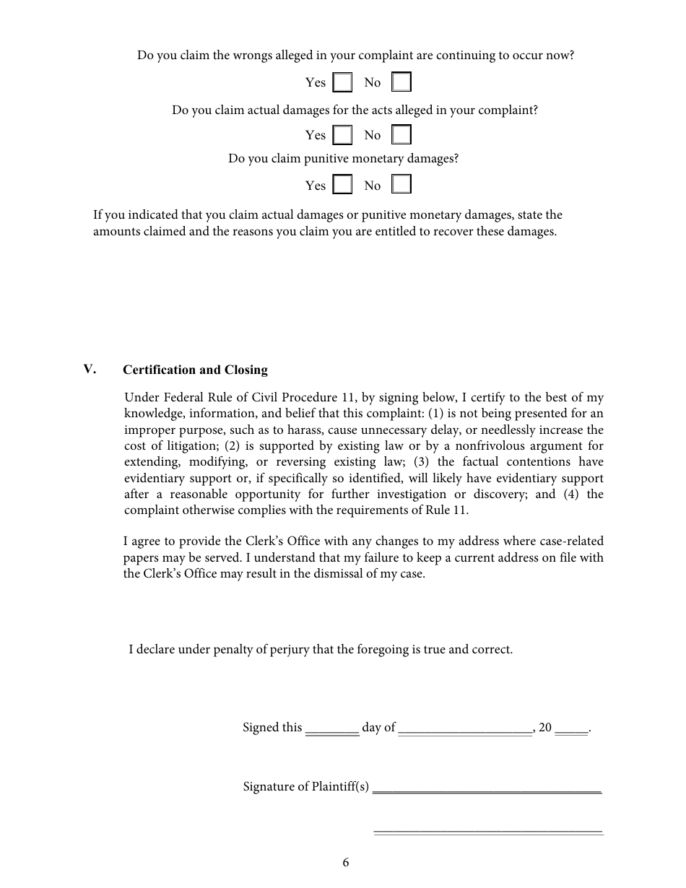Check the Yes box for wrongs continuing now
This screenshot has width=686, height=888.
[x=343, y=82]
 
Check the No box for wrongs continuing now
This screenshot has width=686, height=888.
[x=401, y=82]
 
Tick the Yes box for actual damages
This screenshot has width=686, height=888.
[x=343, y=135]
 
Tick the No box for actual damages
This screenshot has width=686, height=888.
[x=401, y=135]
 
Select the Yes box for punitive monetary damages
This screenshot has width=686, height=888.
[x=343, y=185]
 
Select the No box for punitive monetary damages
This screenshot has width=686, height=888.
[x=401, y=185]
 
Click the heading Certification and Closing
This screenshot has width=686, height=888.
[x=195, y=370]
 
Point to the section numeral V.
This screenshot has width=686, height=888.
[x=90, y=370]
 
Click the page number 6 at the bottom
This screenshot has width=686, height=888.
[x=346, y=862]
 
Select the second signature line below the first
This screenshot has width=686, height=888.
[x=487, y=832]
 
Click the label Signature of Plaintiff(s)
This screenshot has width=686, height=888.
[x=306, y=787]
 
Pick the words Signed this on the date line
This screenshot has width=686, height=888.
[x=272, y=728]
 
